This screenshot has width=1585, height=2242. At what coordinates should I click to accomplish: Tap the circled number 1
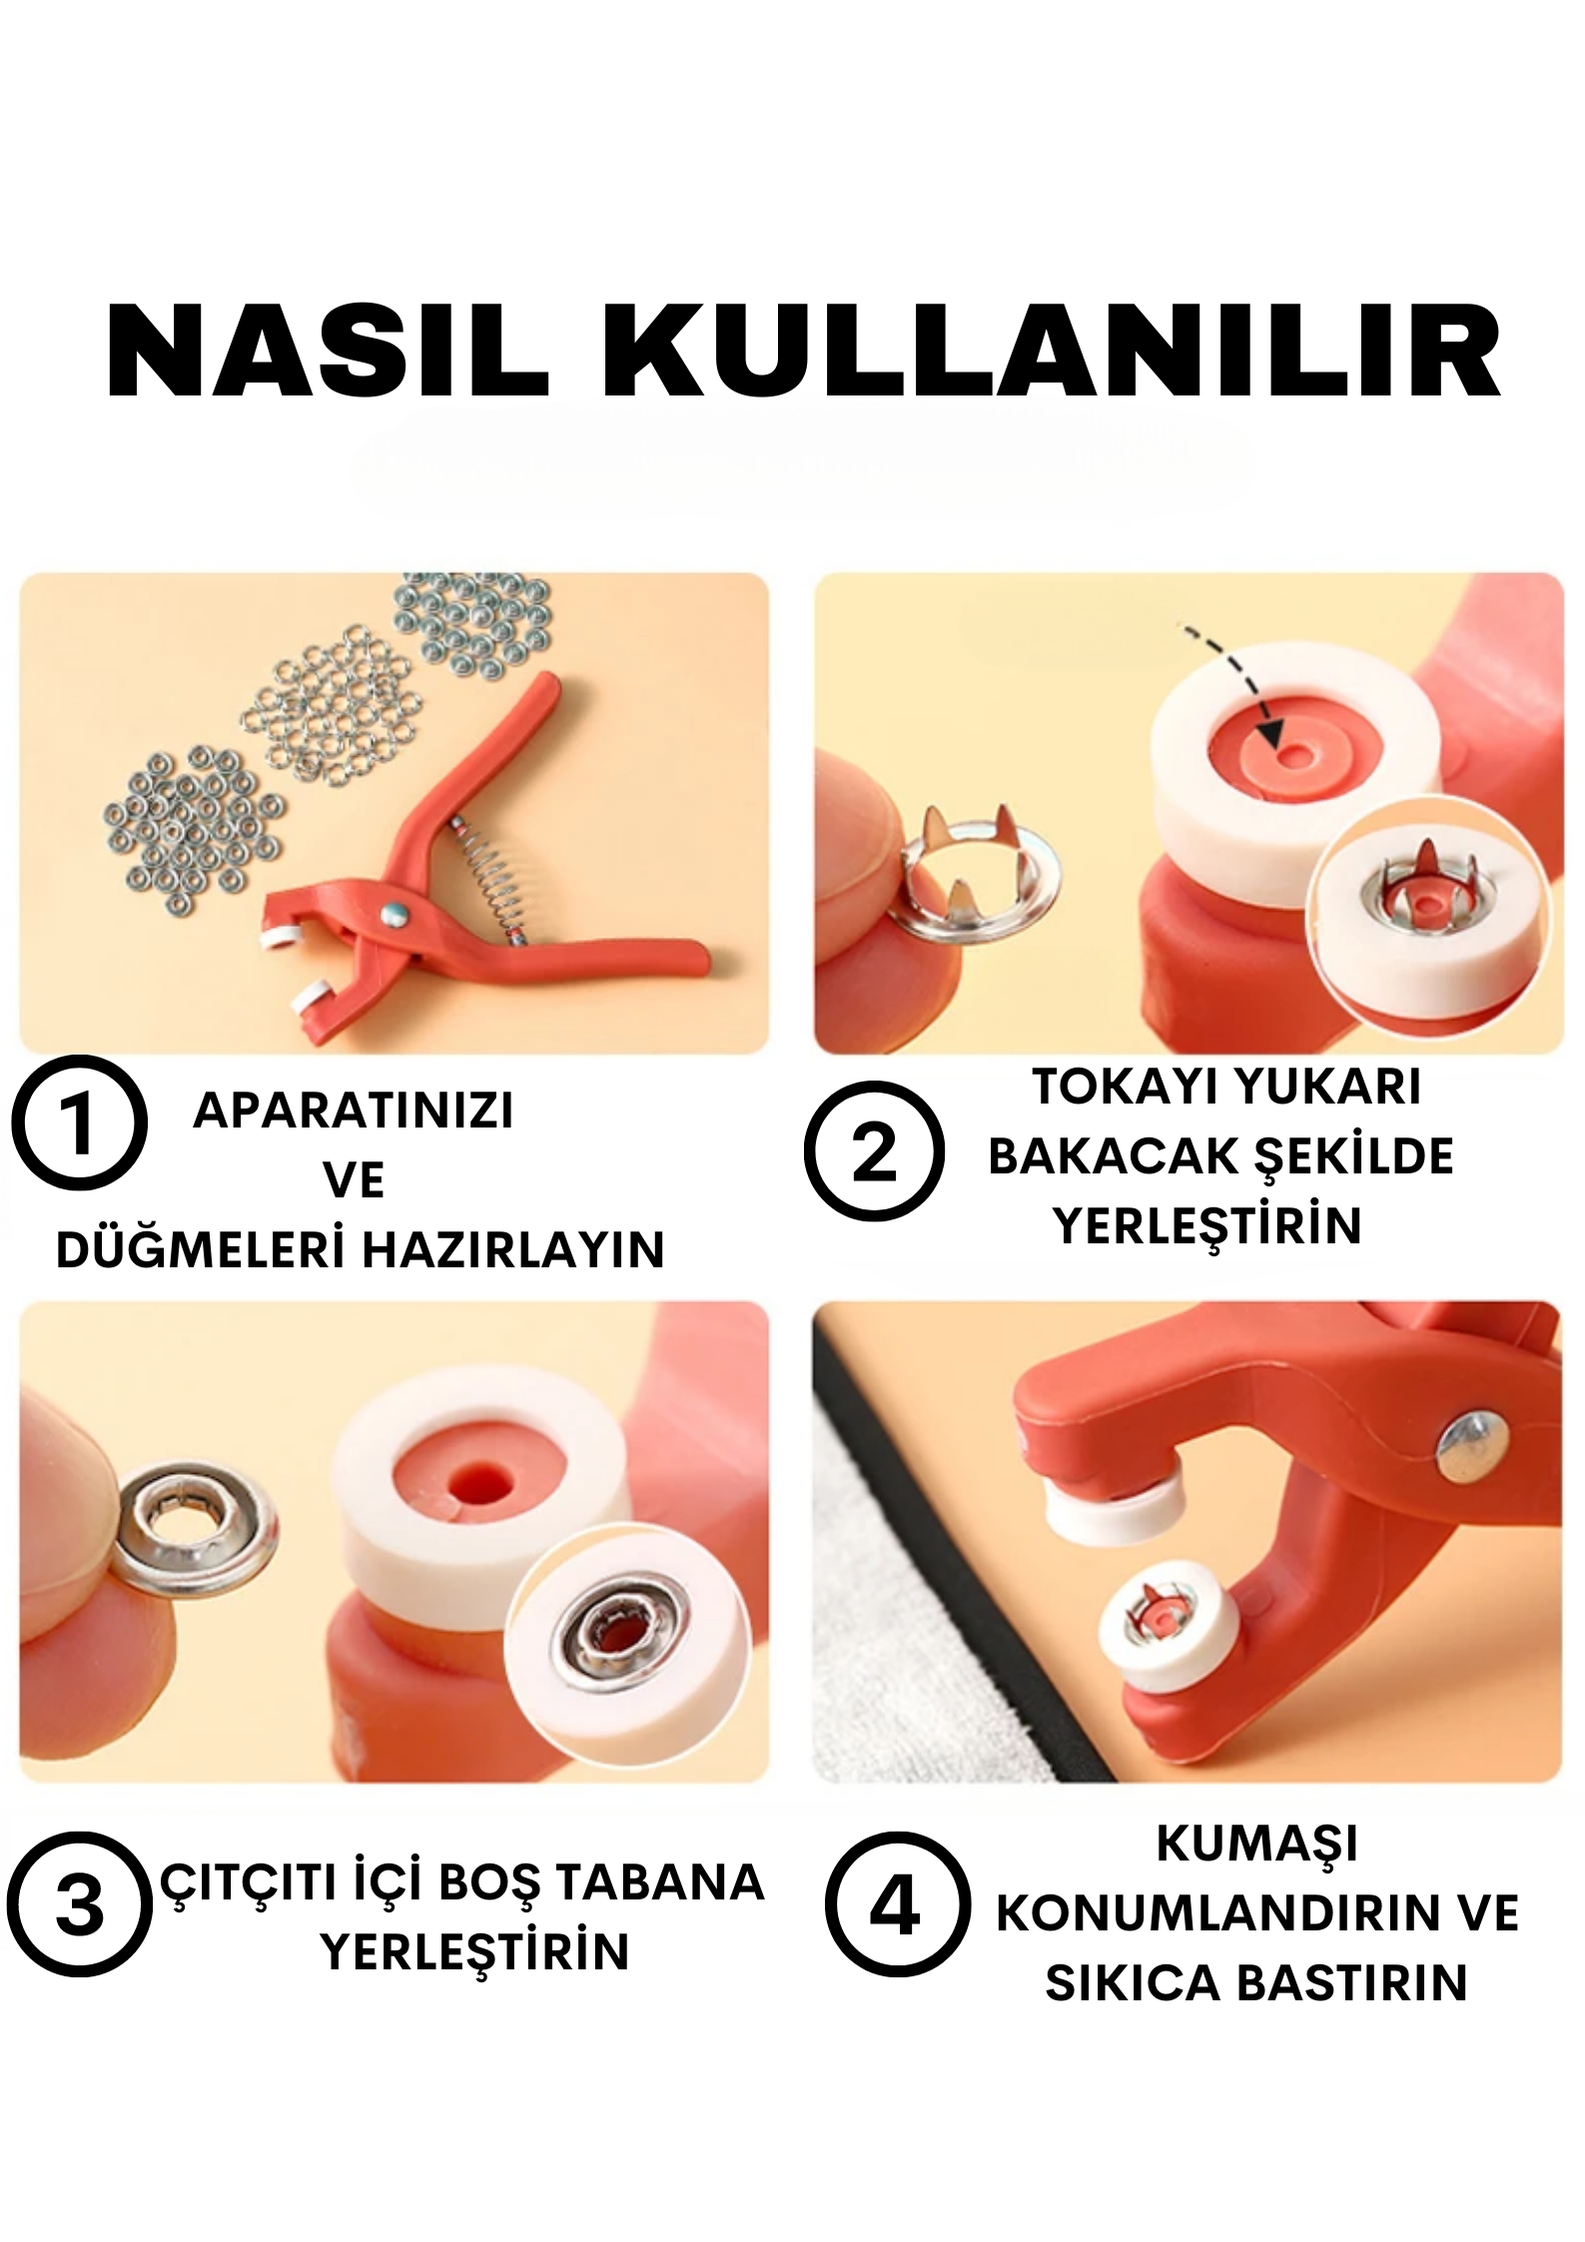(x=79, y=1123)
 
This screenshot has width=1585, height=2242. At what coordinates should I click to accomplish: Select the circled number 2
(x=874, y=1151)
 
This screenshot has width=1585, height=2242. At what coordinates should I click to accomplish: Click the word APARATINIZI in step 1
(x=354, y=1111)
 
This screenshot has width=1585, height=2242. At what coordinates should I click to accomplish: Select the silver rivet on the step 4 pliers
(x=1471, y=1445)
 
